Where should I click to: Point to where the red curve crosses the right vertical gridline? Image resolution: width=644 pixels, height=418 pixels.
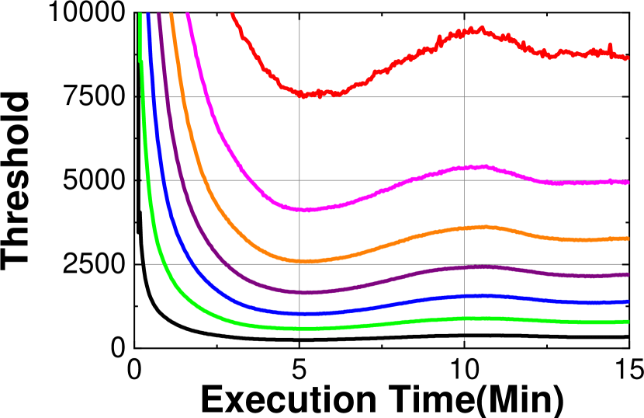[464, 33]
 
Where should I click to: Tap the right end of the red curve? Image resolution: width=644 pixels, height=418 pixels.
[627, 57]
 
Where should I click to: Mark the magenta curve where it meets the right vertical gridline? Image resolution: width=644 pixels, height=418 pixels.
[464, 168]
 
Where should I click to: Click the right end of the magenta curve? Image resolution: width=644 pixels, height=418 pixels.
[627, 183]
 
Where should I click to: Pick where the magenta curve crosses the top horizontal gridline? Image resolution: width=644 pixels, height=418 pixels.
[204, 97]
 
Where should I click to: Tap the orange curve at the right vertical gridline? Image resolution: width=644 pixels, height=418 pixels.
[464, 228]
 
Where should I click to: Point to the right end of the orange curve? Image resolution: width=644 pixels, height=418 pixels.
[627, 239]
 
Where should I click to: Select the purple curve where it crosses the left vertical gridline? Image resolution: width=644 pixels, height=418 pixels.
[299, 292]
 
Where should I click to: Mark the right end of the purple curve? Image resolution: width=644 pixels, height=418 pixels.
[627, 274]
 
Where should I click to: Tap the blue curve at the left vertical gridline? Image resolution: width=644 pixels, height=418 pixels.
[299, 314]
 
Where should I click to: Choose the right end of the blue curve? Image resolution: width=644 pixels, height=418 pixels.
[627, 301]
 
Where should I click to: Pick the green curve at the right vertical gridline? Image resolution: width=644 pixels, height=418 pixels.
[464, 319]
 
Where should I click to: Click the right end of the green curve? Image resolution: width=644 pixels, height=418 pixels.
[627, 322]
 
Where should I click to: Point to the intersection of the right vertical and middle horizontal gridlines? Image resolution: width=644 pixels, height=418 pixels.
[464, 180]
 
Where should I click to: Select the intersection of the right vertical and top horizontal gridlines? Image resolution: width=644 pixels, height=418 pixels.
[464, 97]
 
